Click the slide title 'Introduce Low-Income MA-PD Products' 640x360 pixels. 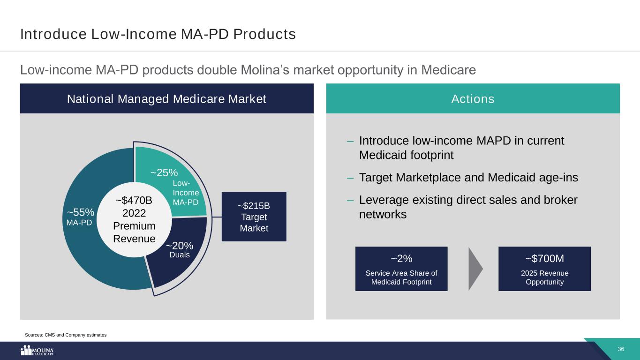pyautogui.click(x=158, y=34)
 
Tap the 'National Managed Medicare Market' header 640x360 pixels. pyautogui.click(x=166, y=99)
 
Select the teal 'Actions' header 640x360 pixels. pyautogui.click(x=473, y=99)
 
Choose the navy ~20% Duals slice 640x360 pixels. pyautogui.click(x=183, y=257)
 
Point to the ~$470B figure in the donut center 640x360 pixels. pyautogui.click(x=134, y=200)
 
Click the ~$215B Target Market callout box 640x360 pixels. pyautogui.click(x=254, y=217)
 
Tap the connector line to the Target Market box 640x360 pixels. pyautogui.click(x=217, y=217)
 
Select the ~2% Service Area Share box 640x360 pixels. pyautogui.click(x=401, y=269)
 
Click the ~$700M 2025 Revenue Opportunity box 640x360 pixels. pyautogui.click(x=544, y=269)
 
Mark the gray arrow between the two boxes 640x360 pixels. pyautogui.click(x=474, y=269)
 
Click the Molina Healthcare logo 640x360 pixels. pyautogui.click(x=37, y=350)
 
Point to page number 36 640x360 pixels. pyautogui.click(x=621, y=349)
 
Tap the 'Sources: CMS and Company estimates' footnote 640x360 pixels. pyautogui.click(x=66, y=335)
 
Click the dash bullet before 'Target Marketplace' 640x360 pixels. pyautogui.click(x=350, y=178)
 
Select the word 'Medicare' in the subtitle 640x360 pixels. pyautogui.click(x=449, y=70)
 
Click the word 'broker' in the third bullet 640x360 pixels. pyautogui.click(x=561, y=200)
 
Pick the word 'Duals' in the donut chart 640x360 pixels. pyautogui.click(x=180, y=255)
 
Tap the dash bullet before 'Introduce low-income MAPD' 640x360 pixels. pyautogui.click(x=350, y=141)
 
